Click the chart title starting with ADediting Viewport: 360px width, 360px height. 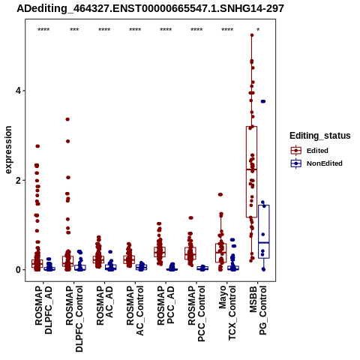point(150,8)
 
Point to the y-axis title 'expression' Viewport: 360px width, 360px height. point(8,150)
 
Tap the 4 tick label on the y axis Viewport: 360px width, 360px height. point(18,91)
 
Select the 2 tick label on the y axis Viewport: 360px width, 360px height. point(18,180)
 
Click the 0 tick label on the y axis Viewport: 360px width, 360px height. point(18,270)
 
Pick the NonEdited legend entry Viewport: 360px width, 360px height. point(316,163)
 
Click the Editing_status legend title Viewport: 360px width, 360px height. point(320,136)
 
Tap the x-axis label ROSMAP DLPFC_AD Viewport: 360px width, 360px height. point(43,310)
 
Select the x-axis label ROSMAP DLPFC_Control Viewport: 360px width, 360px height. point(74,319)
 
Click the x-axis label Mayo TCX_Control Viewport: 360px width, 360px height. point(227,313)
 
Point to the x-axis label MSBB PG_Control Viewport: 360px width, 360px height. point(258,310)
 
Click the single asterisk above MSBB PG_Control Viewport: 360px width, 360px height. point(258,30)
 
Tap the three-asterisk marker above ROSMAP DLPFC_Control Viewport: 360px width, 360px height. point(74,30)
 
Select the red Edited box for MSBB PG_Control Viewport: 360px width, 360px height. point(251,172)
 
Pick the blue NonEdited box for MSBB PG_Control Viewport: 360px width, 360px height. point(264,232)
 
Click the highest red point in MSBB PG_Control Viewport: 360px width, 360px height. point(252,35)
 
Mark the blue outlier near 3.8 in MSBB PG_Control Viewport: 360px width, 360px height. point(263,101)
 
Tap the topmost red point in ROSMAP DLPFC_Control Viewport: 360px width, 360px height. point(67,119)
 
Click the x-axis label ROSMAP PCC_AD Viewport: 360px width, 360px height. point(166,305)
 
